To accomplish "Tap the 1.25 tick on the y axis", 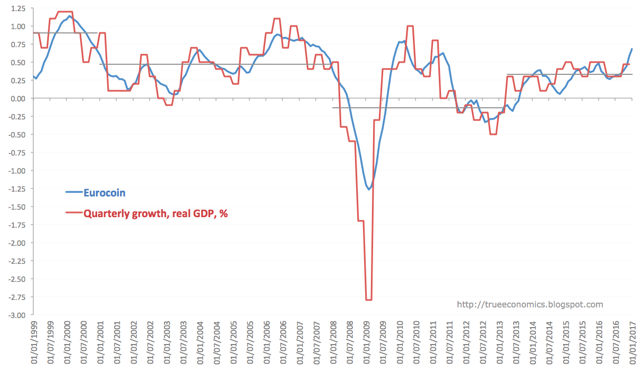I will point(18,8).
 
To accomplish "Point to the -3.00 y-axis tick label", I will point(16,315).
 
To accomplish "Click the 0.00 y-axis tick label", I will point(18,99).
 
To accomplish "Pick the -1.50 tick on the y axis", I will point(16,207).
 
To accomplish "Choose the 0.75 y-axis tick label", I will point(18,45).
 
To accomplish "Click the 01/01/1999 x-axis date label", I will point(34,342).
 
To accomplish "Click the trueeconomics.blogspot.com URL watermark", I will point(530,305).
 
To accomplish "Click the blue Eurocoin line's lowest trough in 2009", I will point(369,189).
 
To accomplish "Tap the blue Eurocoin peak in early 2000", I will point(70,16).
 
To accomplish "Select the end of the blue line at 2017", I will point(632,49).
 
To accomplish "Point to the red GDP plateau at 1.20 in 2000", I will point(64,12).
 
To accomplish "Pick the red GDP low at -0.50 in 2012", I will point(493,134).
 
